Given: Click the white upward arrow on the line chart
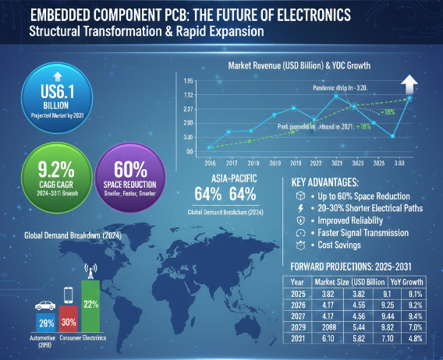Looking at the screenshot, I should tap(409, 83).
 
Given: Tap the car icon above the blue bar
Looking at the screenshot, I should tap(44, 298).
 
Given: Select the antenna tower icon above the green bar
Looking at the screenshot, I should tap(90, 270).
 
